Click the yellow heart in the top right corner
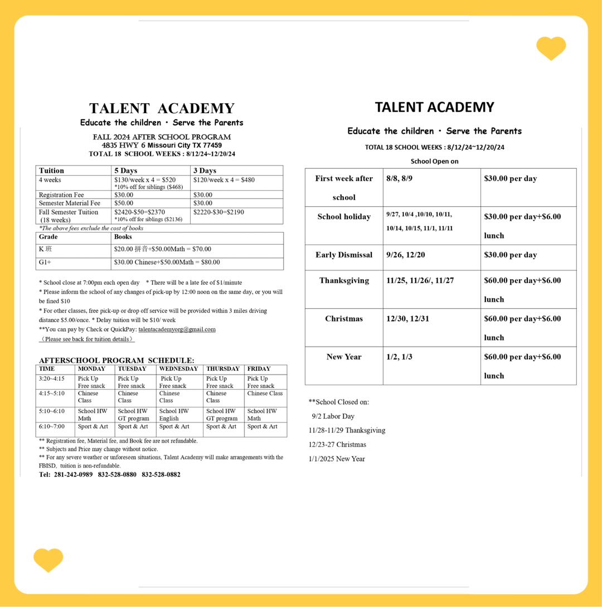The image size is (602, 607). [551, 48]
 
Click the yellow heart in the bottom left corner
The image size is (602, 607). [48, 560]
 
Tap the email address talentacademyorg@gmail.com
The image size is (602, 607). [177, 329]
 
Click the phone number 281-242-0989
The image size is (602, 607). [74, 474]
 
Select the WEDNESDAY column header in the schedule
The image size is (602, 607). [178, 369]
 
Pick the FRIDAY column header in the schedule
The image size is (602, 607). [259, 369]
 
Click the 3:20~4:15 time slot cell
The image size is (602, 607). [52, 379]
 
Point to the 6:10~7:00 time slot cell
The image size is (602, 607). [52, 426]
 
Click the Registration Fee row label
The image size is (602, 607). [61, 195]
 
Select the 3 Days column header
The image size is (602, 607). [205, 171]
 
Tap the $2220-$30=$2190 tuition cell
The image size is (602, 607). [219, 212]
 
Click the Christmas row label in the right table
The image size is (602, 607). [344, 319]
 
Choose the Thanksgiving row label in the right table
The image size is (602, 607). [344, 280]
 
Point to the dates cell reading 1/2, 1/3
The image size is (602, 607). [399, 357]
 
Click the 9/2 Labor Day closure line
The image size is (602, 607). [333, 416]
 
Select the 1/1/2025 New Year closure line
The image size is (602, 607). [337, 459]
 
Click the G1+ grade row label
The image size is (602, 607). [45, 262]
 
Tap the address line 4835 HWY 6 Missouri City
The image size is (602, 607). [162, 145]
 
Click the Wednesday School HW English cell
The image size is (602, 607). [172, 415]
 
